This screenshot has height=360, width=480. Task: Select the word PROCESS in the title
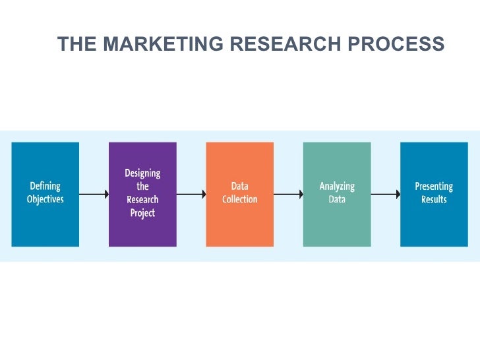pos(395,44)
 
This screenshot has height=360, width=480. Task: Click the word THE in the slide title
pos(77,44)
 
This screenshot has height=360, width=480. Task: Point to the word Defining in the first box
pos(45,187)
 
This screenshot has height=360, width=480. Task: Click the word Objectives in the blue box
pos(45,200)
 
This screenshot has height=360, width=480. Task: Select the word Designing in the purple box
pos(142,173)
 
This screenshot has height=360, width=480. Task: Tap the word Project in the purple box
pos(142,213)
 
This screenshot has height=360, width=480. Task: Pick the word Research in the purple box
pos(142,200)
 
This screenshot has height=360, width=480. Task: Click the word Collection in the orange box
pos(240,200)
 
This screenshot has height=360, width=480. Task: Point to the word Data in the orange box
pos(240,187)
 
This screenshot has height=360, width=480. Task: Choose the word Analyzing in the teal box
pos(337,187)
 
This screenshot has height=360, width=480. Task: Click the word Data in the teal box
pos(337,200)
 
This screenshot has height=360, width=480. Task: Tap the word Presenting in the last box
pos(434,187)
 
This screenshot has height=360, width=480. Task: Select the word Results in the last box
pos(434,200)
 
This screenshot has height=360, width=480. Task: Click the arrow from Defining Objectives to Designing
pos(94,194)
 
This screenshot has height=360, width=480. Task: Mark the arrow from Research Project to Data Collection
pos(191,194)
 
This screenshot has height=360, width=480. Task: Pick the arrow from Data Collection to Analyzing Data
pos(288,194)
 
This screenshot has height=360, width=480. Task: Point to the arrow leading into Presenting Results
pos(385,194)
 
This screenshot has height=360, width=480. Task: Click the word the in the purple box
pos(142,187)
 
